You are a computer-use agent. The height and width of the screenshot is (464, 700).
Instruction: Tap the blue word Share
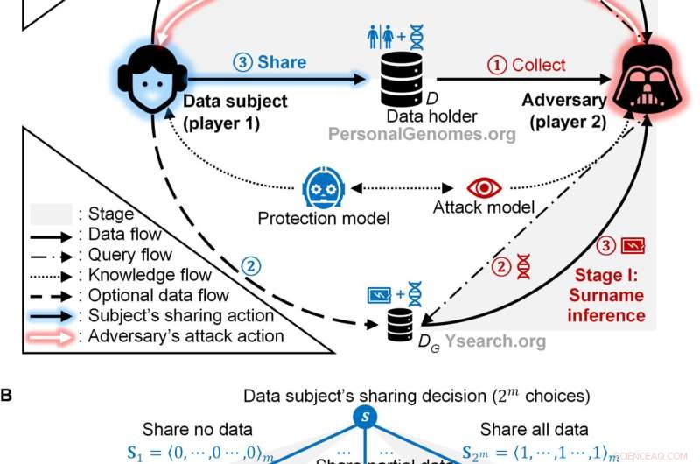pos(271,62)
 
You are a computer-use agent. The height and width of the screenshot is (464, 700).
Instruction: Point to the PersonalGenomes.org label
pos(422,134)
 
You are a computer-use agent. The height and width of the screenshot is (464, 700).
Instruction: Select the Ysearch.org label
pos(498,341)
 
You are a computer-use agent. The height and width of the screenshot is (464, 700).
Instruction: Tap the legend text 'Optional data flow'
pos(154,295)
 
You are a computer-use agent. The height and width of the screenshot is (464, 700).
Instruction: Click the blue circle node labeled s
pos(364,416)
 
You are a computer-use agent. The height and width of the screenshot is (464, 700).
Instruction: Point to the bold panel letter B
pos(7,395)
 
